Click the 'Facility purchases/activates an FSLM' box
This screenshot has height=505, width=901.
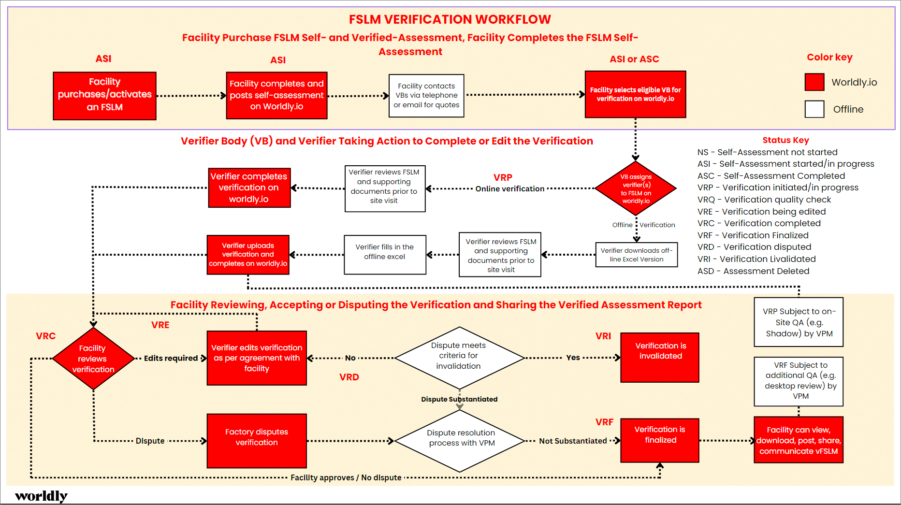click(x=104, y=95)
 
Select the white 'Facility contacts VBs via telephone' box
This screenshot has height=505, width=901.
click(x=426, y=95)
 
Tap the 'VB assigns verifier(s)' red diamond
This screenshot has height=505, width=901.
click(x=636, y=188)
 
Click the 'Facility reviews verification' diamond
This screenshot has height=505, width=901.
click(x=93, y=359)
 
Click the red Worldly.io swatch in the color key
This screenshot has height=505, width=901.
click(x=814, y=82)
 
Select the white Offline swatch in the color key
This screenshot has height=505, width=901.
click(x=814, y=109)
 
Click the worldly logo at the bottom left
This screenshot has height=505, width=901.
click(x=41, y=496)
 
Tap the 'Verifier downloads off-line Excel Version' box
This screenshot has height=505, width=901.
click(x=636, y=255)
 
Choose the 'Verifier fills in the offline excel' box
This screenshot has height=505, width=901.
click(x=385, y=254)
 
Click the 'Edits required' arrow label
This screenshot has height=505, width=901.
click(x=171, y=358)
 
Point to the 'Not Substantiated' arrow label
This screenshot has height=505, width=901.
click(x=573, y=441)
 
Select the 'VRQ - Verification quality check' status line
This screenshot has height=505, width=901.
click(x=764, y=200)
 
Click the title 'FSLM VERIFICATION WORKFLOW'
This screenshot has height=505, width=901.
click(x=450, y=19)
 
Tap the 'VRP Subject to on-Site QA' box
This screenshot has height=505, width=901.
click(x=799, y=322)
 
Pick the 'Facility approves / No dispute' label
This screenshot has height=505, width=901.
click(x=346, y=477)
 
